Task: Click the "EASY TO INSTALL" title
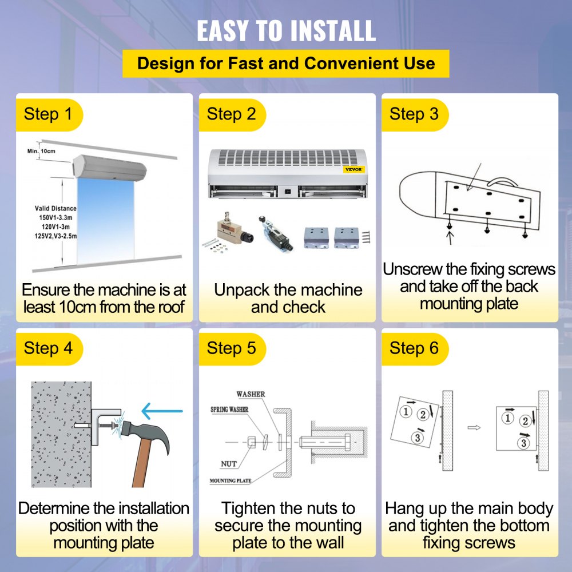coord(287,31)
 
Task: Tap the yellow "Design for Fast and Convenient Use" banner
coord(285,63)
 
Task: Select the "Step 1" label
coord(48,114)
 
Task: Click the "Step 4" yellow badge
coord(49,349)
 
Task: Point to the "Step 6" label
coord(414,348)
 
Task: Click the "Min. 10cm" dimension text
coord(41,151)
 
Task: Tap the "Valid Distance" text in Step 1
coord(55,208)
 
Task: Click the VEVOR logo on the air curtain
coord(354,169)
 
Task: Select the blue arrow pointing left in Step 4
coord(162,411)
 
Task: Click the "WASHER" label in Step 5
coord(251,394)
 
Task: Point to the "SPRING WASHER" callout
coord(229,410)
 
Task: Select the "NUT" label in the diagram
coord(229,464)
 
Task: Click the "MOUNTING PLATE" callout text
coord(231,481)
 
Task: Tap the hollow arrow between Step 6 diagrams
coord(474,427)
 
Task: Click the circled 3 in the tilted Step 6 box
coord(418,438)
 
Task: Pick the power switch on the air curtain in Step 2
coord(288,191)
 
